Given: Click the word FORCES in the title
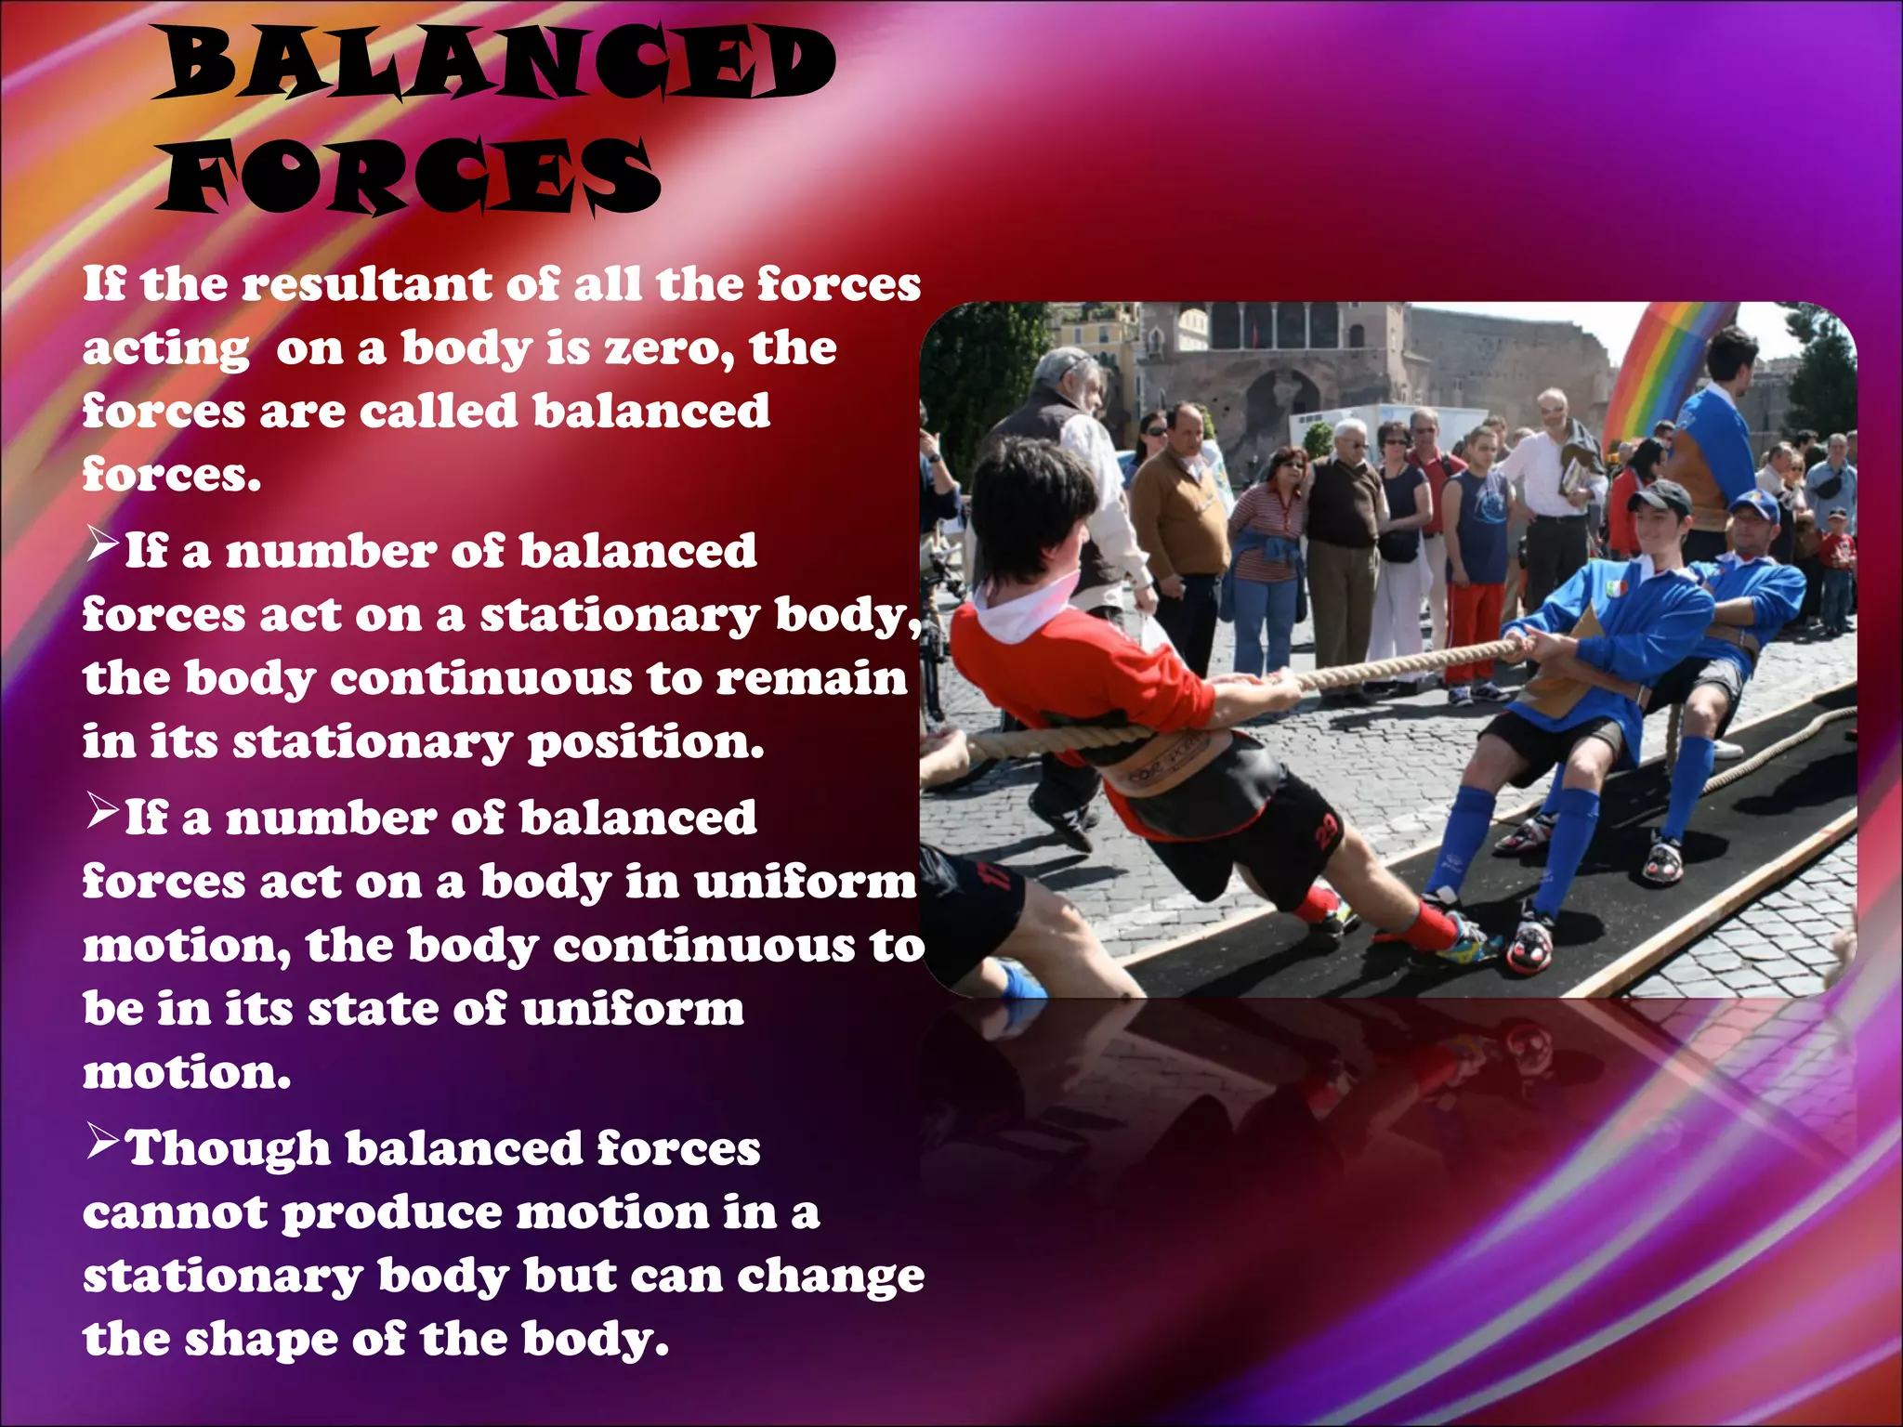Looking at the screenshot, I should [x=409, y=175].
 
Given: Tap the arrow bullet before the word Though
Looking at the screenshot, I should [x=101, y=1142].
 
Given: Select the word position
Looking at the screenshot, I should [x=646, y=742].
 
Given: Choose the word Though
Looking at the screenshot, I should [x=228, y=1148].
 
